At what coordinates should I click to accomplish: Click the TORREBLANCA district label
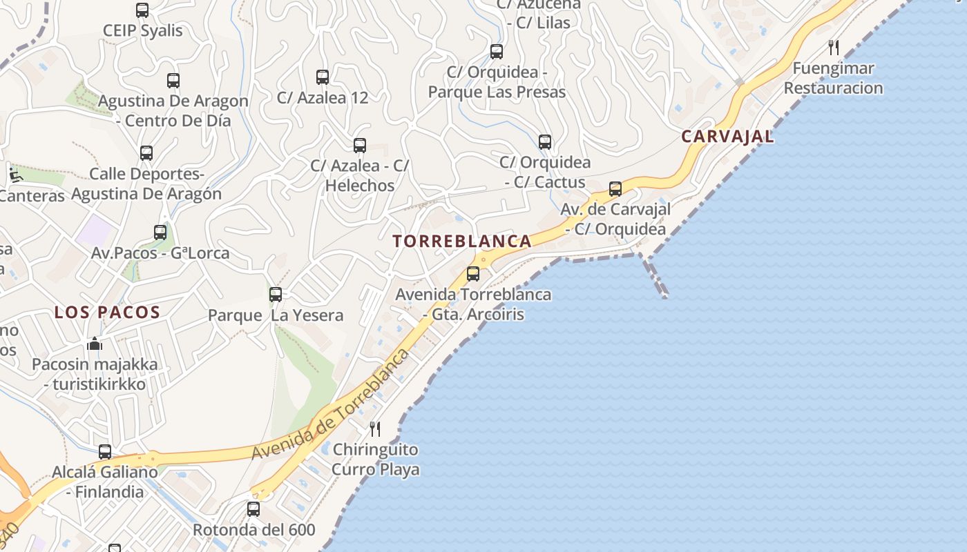pos(462,241)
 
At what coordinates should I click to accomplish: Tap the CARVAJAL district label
pos(727,137)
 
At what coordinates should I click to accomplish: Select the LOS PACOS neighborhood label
pos(107,313)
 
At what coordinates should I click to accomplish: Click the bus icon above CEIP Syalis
pos(142,10)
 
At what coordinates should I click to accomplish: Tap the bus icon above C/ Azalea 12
pos(323,77)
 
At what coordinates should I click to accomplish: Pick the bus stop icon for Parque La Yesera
pos(276,295)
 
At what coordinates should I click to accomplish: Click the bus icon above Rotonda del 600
pos(253,509)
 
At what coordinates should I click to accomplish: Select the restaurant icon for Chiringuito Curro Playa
pos(375,428)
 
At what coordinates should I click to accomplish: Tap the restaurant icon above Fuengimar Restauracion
pos(834,48)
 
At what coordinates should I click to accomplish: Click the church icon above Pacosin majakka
pos(95,344)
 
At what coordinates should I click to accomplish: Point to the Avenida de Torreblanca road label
pos(330,406)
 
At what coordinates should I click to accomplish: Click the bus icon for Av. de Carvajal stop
pos(615,188)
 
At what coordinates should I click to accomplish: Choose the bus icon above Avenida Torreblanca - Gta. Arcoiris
pos(473,274)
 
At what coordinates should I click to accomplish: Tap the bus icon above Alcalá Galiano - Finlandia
pos(105,452)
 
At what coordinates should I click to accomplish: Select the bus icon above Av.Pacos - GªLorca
pos(160,233)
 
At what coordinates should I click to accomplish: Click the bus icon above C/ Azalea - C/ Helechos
pos(360,146)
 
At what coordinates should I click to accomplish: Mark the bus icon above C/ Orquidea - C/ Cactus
pos(545,142)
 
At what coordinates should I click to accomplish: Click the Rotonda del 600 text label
pos(253,530)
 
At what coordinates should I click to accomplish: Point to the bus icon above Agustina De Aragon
pos(173,81)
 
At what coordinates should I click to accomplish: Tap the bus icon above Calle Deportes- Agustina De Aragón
pos(146,153)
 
